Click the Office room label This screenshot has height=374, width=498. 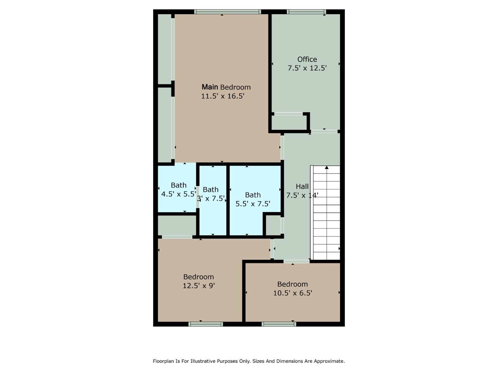click(307, 59)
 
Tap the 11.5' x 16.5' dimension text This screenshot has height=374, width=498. click(223, 96)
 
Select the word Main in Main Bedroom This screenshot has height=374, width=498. click(210, 87)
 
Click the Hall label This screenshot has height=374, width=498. click(302, 187)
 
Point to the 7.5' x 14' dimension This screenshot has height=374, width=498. click(302, 195)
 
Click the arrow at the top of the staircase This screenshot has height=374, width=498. click(326, 168)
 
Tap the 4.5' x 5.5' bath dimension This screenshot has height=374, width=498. click(178, 194)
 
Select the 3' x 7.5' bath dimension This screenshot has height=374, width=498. click(211, 198)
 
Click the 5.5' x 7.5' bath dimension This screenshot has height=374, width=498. click(253, 204)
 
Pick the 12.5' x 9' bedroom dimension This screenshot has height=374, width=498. click(199, 286)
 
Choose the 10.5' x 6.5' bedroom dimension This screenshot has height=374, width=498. click(293, 293)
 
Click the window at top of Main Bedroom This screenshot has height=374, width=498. click(227, 12)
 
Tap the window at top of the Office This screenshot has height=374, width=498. click(306, 12)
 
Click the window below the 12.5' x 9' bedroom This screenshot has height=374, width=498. click(205, 324)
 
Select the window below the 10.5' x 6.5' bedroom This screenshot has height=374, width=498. click(279, 324)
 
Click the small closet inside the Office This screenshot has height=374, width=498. click(289, 122)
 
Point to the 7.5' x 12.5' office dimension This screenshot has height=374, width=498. click(307, 68)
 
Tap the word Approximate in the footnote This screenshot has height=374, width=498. click(331, 361)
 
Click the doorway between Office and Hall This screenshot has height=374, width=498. click(324, 132)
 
